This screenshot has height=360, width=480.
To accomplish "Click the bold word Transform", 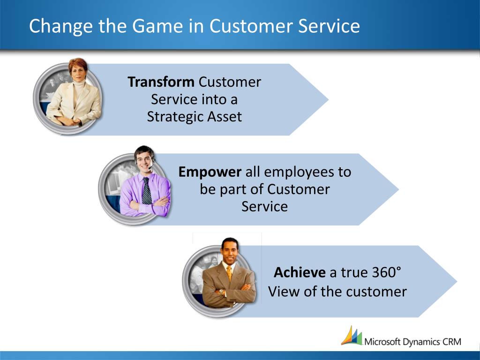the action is coord(161,82).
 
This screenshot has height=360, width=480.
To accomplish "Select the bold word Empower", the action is coord(210,172).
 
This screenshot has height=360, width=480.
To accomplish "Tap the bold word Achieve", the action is coord(300,272).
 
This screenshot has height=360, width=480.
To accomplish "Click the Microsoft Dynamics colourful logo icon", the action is coord(352,336).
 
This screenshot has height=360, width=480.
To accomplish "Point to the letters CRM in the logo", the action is coord(452,341).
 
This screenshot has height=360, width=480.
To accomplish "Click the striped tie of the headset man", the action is coord(146,191).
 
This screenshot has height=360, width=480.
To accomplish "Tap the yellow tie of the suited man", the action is coord(229,273).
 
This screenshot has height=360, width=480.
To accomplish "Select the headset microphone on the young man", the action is coord(150,168).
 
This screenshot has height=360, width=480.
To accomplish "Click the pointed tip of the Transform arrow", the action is coord(328,99).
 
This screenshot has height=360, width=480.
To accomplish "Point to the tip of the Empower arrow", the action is coord(398,189).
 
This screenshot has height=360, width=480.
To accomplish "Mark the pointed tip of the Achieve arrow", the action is coord(457,281).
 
